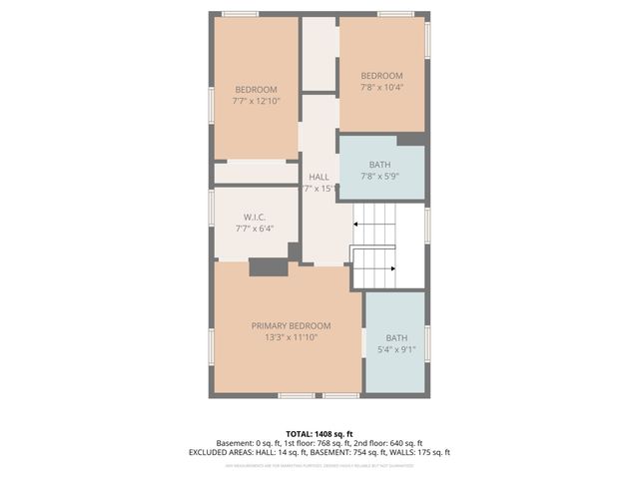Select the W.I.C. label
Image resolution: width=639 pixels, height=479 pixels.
pos(254,217)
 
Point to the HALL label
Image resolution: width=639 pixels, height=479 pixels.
pos(319,177)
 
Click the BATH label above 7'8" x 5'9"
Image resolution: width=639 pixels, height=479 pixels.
pos(379,165)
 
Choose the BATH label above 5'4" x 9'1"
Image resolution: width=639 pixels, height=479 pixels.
pos(396,337)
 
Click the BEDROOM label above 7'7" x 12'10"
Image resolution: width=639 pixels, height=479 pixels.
pos(256,89)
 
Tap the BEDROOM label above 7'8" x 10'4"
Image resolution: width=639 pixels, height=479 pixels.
pos(381,76)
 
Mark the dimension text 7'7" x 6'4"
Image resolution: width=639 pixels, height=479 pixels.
pos(254,229)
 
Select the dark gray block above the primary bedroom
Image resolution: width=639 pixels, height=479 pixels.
pos(268,266)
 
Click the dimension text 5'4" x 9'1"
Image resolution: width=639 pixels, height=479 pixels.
pos(396,350)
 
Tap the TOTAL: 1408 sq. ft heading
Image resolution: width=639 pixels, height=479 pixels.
pos(319,433)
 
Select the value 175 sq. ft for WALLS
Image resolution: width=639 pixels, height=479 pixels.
pos(428,452)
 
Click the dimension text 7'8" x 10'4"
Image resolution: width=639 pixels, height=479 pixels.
pos(381,88)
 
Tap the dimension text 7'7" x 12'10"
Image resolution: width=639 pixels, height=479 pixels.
pos(256,101)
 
